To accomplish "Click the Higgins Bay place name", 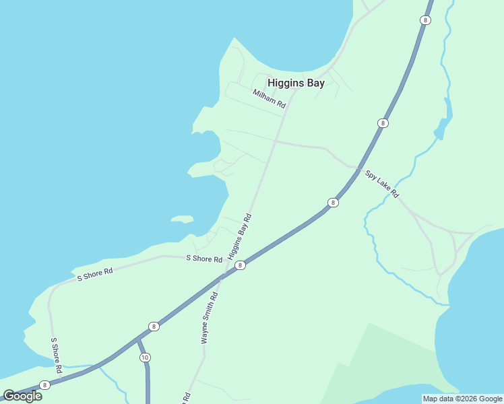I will tap(296, 83).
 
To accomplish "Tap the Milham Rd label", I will tap(270, 99).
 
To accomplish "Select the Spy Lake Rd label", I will tap(382, 184).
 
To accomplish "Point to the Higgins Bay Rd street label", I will tap(239, 237).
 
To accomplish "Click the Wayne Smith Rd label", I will tap(210, 318).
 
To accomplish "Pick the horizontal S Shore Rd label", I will tap(204, 259).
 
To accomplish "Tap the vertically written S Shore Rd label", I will tap(57, 356).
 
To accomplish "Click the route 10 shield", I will tap(145, 357).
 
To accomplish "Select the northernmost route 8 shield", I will tap(424, 20).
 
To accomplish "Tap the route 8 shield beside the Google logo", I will tap(44, 385).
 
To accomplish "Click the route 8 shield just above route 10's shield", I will tap(154, 327).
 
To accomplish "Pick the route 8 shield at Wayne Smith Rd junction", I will tap(240, 265).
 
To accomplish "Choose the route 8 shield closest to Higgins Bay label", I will tap(383, 123).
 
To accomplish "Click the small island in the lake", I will tap(182, 219).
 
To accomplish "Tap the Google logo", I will tap(23, 396).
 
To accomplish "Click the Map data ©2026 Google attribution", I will tap(462, 399).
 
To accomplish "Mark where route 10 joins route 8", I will tap(138, 338).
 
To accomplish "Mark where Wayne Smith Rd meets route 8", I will tap(222, 276).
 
